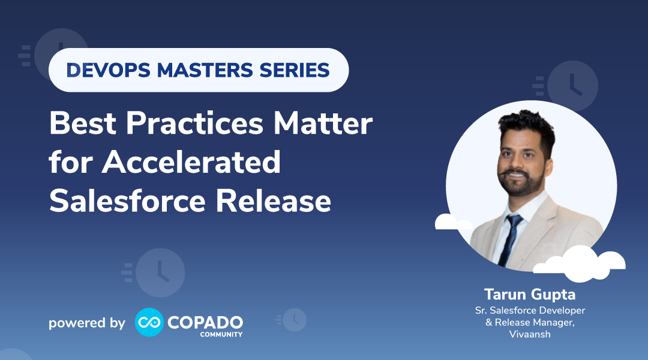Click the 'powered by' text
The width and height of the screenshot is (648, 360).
87,323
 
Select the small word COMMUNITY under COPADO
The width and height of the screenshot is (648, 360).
221,334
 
